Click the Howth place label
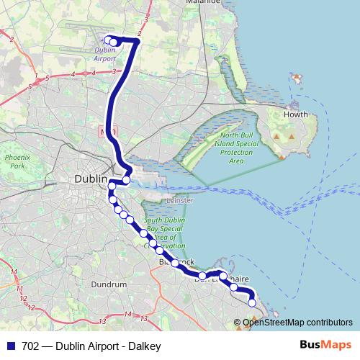pos(295,114)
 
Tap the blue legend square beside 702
pos(9,346)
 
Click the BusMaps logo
pos(325,346)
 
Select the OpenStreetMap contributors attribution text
pos(297,323)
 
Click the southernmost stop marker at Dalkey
pos(252,303)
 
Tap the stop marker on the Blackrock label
pos(175,263)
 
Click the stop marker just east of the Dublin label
pos(126,180)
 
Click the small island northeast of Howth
pos(297,76)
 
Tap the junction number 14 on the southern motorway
pos(127,314)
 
